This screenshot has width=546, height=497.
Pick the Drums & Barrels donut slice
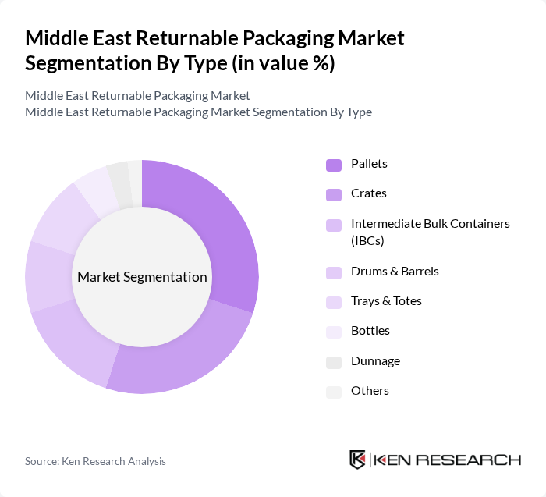coord(48,277)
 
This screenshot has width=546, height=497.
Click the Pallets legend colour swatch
coord(333,165)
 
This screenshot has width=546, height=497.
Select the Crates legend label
coord(369,193)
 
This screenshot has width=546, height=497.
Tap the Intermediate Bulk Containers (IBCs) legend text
coord(430,232)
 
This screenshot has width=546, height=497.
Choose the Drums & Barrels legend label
coord(395,272)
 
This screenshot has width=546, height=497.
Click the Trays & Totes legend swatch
coord(333,302)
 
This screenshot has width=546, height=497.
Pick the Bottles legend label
coord(370,331)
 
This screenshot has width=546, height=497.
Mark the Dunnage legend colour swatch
coord(333,362)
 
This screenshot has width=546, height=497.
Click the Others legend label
coord(370,391)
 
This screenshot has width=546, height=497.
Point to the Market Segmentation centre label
coord(142,277)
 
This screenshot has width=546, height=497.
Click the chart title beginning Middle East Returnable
coord(214,51)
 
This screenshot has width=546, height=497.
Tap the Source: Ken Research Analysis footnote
coord(95,461)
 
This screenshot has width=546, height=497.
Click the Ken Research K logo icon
coord(358,460)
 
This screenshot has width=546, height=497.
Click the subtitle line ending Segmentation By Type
coord(198,112)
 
